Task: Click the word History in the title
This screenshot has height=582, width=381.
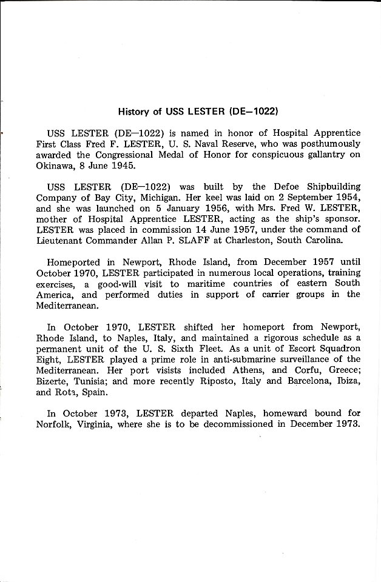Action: click(x=132, y=112)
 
